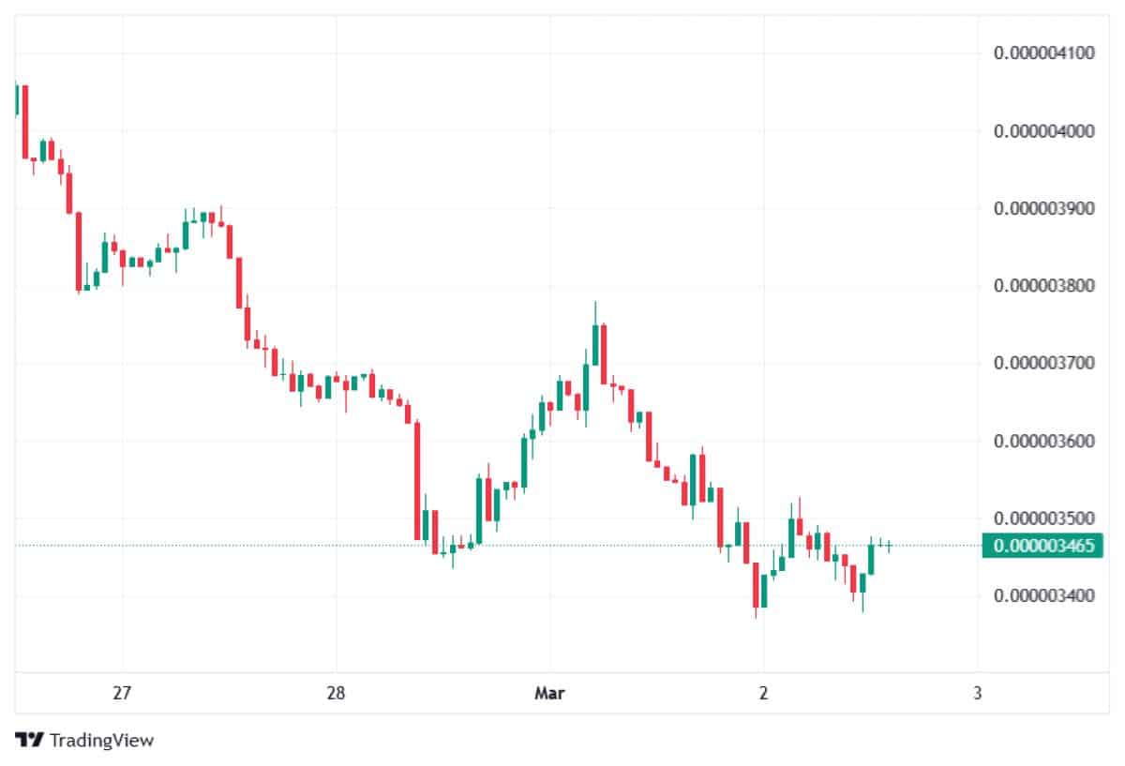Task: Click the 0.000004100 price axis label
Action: [1043, 53]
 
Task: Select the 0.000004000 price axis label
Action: [1043, 130]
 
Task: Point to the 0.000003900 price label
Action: [1043, 208]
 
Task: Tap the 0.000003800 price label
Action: [1043, 285]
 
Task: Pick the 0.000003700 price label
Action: [1043, 363]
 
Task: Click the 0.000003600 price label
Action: [1043, 441]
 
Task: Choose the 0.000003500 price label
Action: [1043, 518]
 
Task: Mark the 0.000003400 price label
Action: [1043, 595]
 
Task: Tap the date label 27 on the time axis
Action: [121, 694]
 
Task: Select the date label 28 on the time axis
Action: [336, 694]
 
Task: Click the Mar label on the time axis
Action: [549, 694]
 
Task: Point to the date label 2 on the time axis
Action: [763, 694]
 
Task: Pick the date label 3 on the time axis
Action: [977, 694]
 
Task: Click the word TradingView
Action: [101, 741]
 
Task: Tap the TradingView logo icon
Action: [30, 740]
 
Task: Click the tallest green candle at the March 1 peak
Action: [595, 345]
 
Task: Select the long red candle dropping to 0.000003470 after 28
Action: [417, 481]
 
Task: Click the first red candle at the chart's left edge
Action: [25, 122]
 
